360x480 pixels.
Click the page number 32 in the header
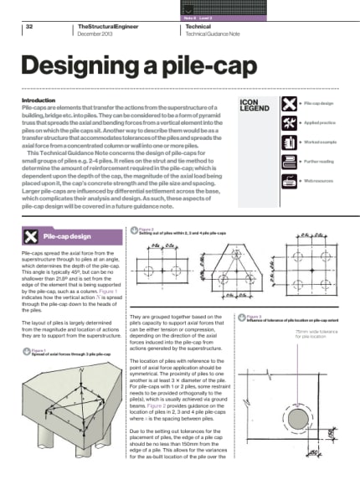pyautogui.click(x=29, y=27)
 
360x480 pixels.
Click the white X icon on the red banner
pyautogui.click(x=33, y=213)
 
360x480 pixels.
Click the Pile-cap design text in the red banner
pyautogui.click(x=74, y=213)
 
